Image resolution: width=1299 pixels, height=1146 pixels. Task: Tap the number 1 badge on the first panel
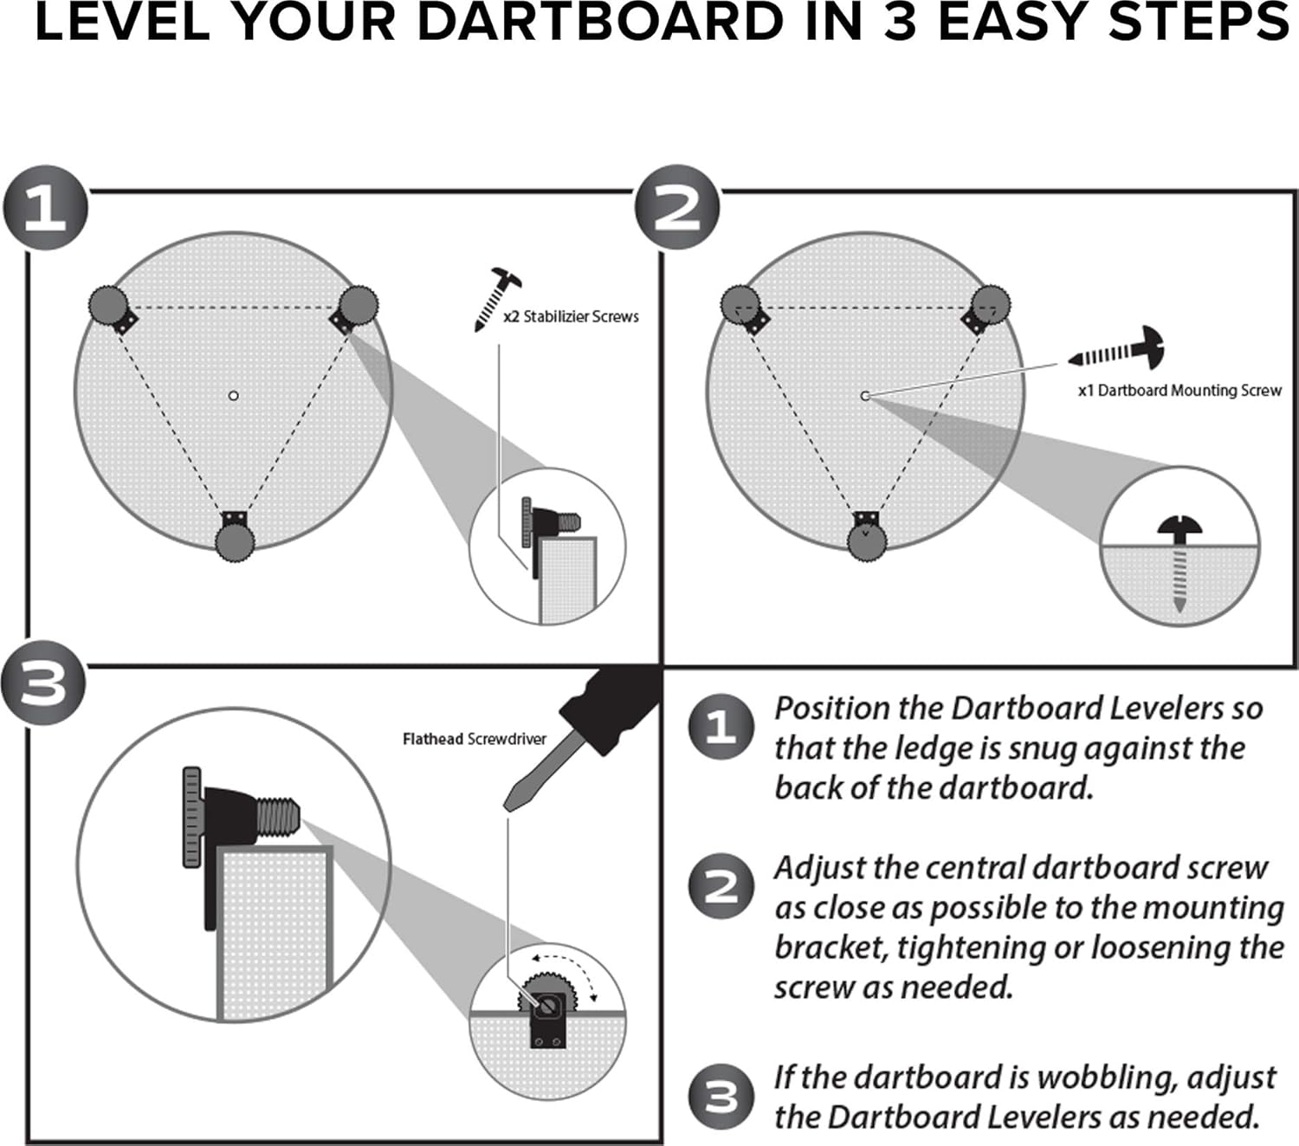click(45, 209)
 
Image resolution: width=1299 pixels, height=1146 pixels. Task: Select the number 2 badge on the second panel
click(677, 209)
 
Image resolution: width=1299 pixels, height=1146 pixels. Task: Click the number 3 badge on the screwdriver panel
click(43, 683)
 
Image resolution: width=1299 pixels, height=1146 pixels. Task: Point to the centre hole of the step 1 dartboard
click(233, 396)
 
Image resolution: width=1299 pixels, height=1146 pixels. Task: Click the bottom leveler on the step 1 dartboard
click(235, 541)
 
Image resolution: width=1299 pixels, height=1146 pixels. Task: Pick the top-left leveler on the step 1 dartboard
click(108, 305)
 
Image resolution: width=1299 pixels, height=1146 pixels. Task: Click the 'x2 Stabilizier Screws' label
click(572, 317)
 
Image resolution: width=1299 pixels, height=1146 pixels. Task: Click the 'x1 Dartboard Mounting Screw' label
click(1179, 391)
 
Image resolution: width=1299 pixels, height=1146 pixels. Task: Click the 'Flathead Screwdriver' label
click(475, 739)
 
